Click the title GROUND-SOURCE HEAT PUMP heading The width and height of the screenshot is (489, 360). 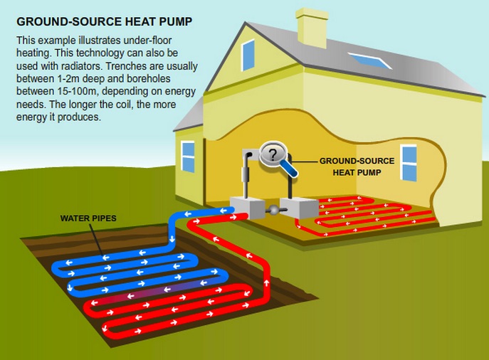(x=104, y=22)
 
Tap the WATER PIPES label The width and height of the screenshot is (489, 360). (x=88, y=218)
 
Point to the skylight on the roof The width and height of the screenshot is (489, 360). (x=369, y=60)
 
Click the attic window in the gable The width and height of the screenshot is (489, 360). (x=248, y=55)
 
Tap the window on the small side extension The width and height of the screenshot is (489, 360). (x=188, y=157)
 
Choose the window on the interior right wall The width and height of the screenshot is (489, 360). (x=409, y=163)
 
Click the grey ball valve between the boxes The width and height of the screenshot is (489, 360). (x=273, y=210)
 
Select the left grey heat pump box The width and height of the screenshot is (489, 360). (x=247, y=207)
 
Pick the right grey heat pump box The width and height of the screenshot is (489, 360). (x=299, y=208)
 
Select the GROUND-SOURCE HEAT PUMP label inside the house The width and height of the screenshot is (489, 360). (x=357, y=166)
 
